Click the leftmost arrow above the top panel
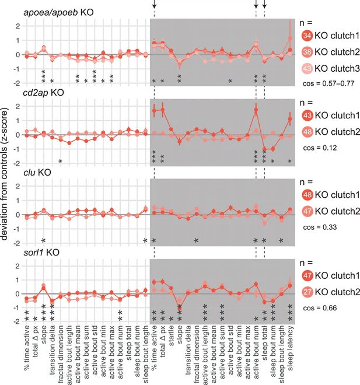154,5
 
